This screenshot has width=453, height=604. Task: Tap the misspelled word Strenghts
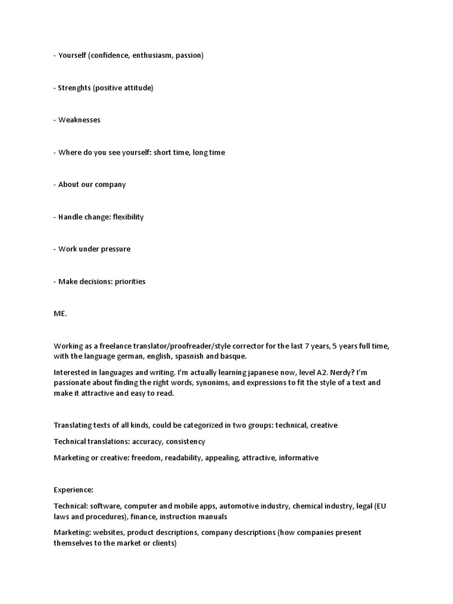pos(74,88)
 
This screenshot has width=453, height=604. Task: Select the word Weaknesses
pos(80,120)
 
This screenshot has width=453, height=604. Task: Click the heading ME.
pos(60,314)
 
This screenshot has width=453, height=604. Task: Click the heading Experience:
pos(74,490)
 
